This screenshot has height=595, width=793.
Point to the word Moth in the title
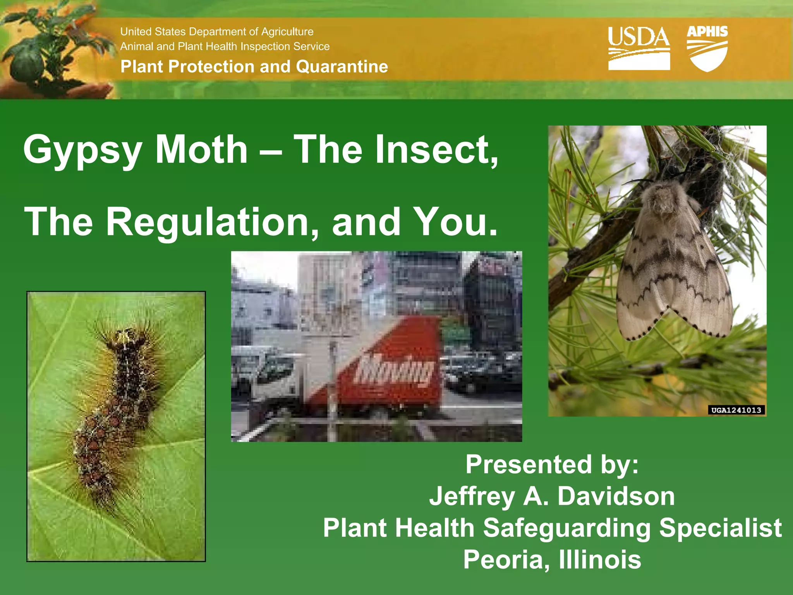tap(201, 150)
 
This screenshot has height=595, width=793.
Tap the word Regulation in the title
tap(212, 222)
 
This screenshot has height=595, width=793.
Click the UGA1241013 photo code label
tap(736, 410)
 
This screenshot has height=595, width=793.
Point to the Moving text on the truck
tap(395, 370)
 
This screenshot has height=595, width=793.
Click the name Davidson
tap(616, 496)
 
